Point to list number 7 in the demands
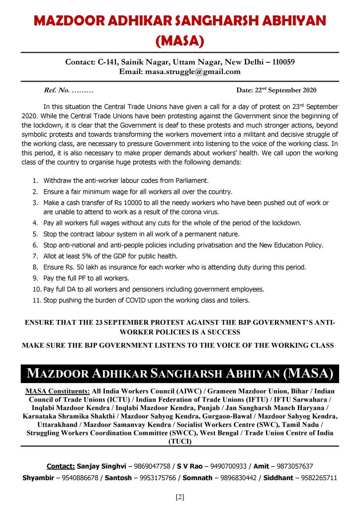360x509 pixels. click(36, 256)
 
